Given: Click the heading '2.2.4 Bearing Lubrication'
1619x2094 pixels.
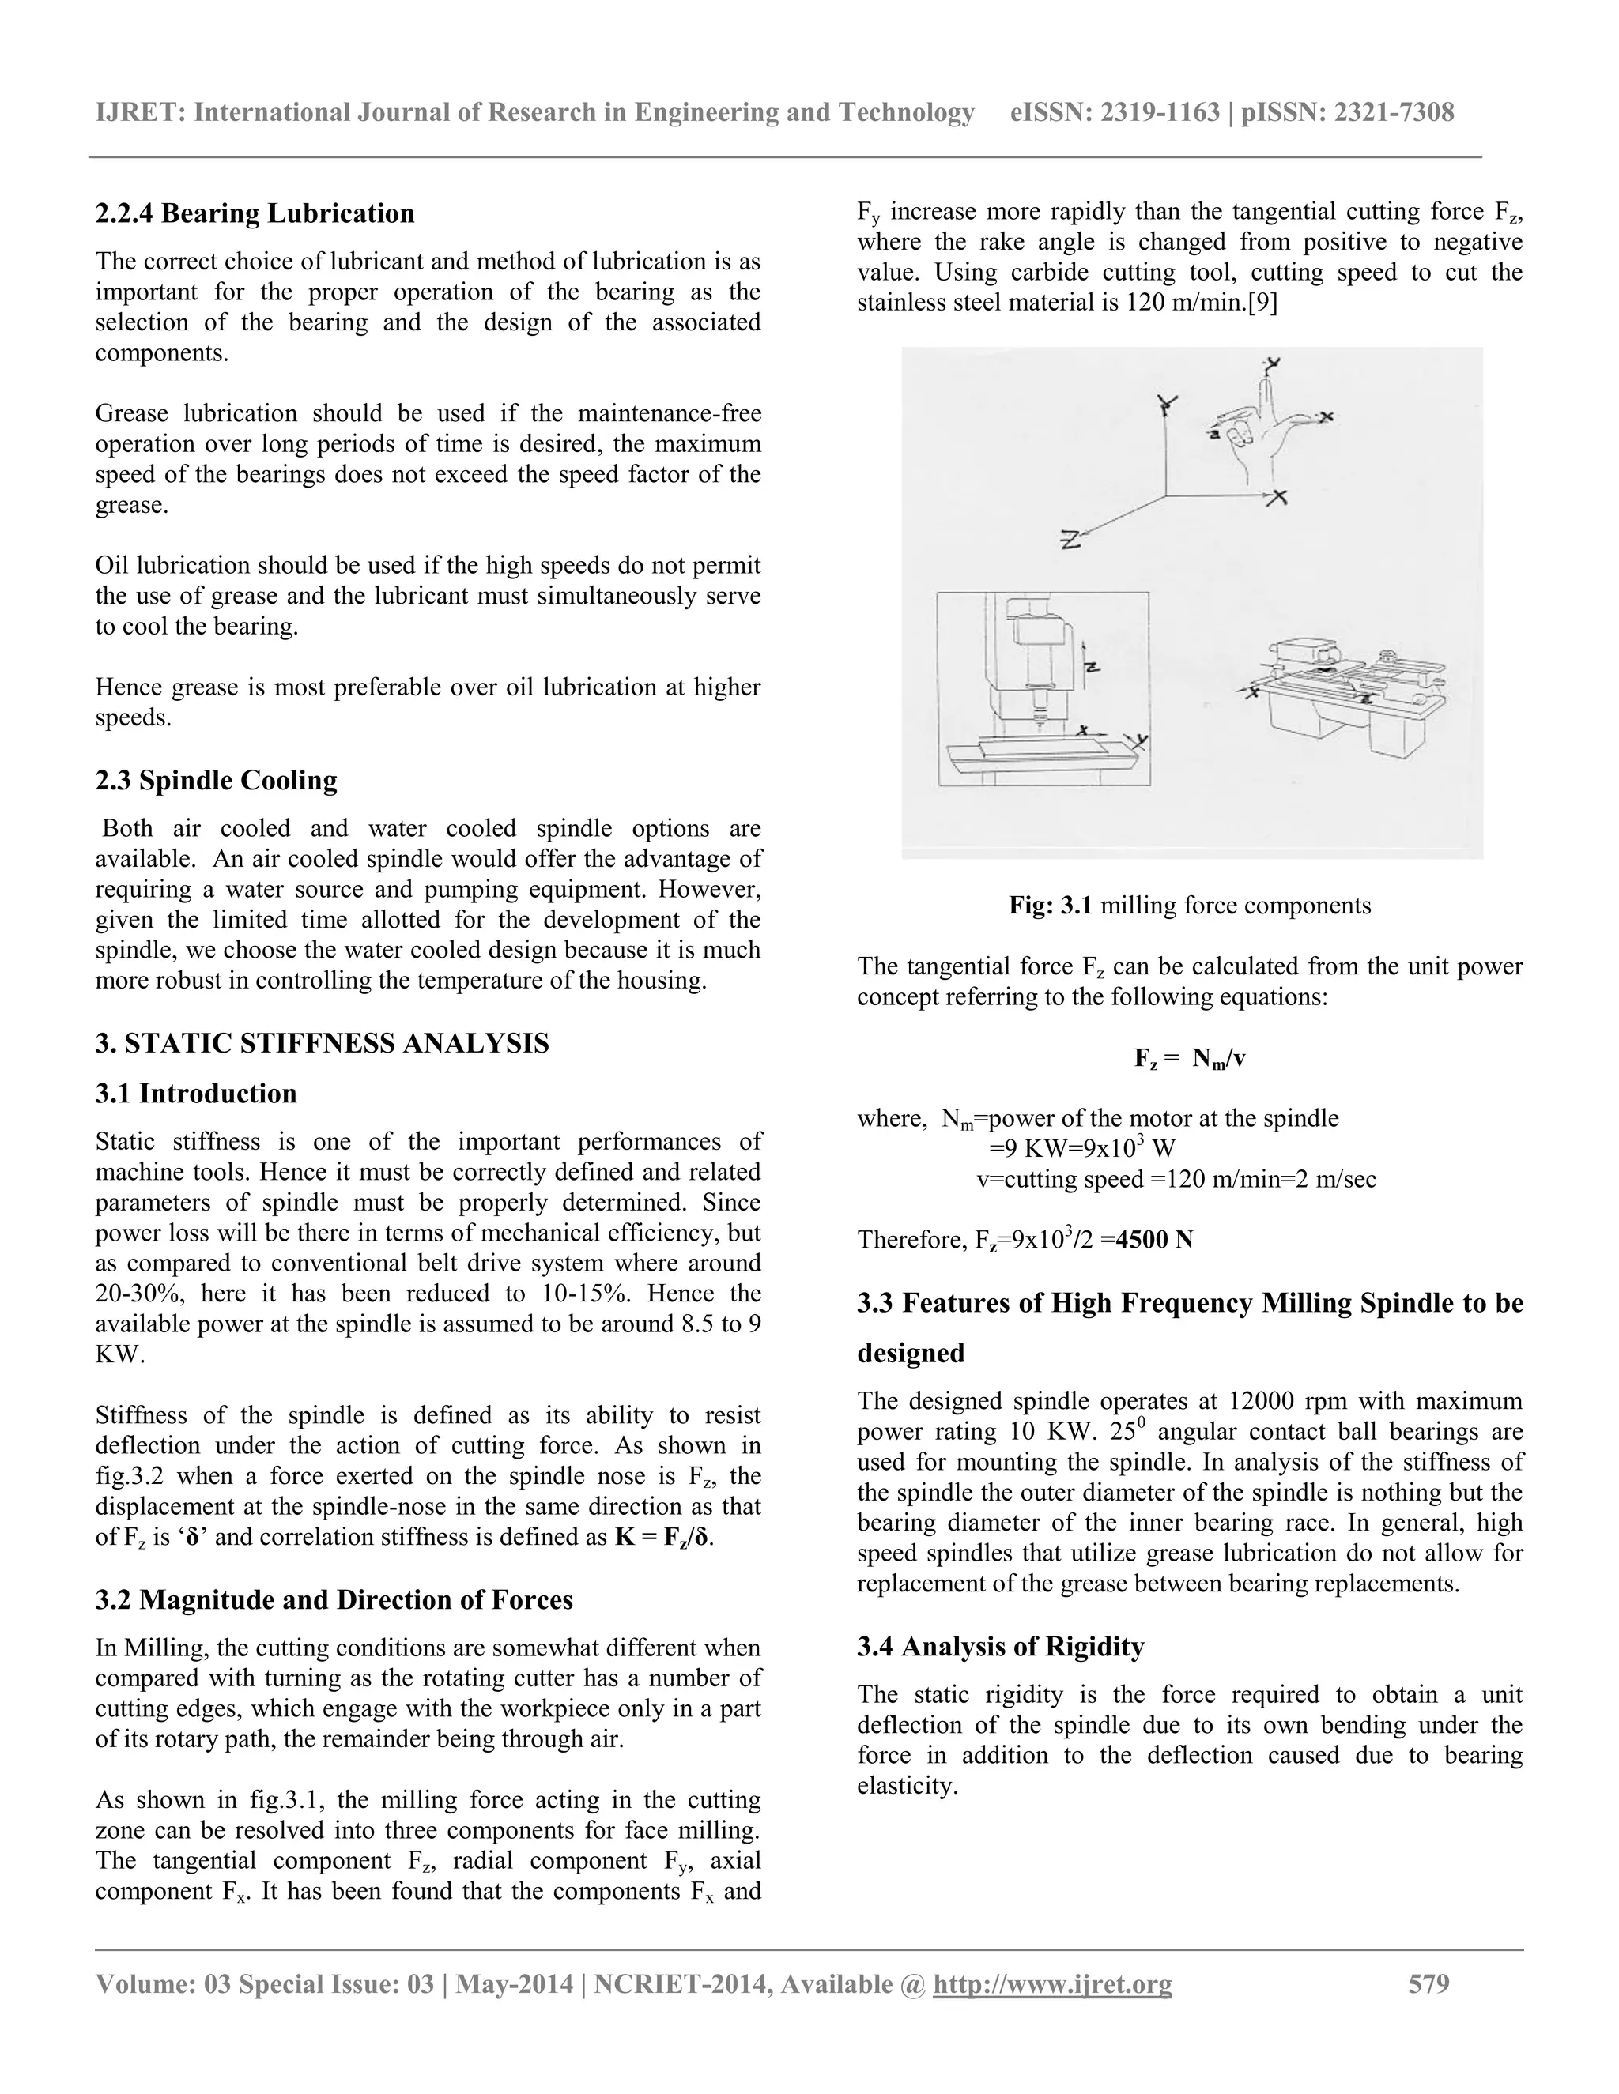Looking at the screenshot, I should (255, 213).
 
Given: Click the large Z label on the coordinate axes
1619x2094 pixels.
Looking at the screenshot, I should (1070, 540).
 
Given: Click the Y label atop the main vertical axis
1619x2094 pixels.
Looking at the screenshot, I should (1166, 404).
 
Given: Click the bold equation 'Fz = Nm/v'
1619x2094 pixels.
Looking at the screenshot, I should (1189, 1059).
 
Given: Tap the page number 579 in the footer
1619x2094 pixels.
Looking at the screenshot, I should (1428, 1983).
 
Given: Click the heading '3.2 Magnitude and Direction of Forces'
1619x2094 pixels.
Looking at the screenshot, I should (334, 1599).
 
